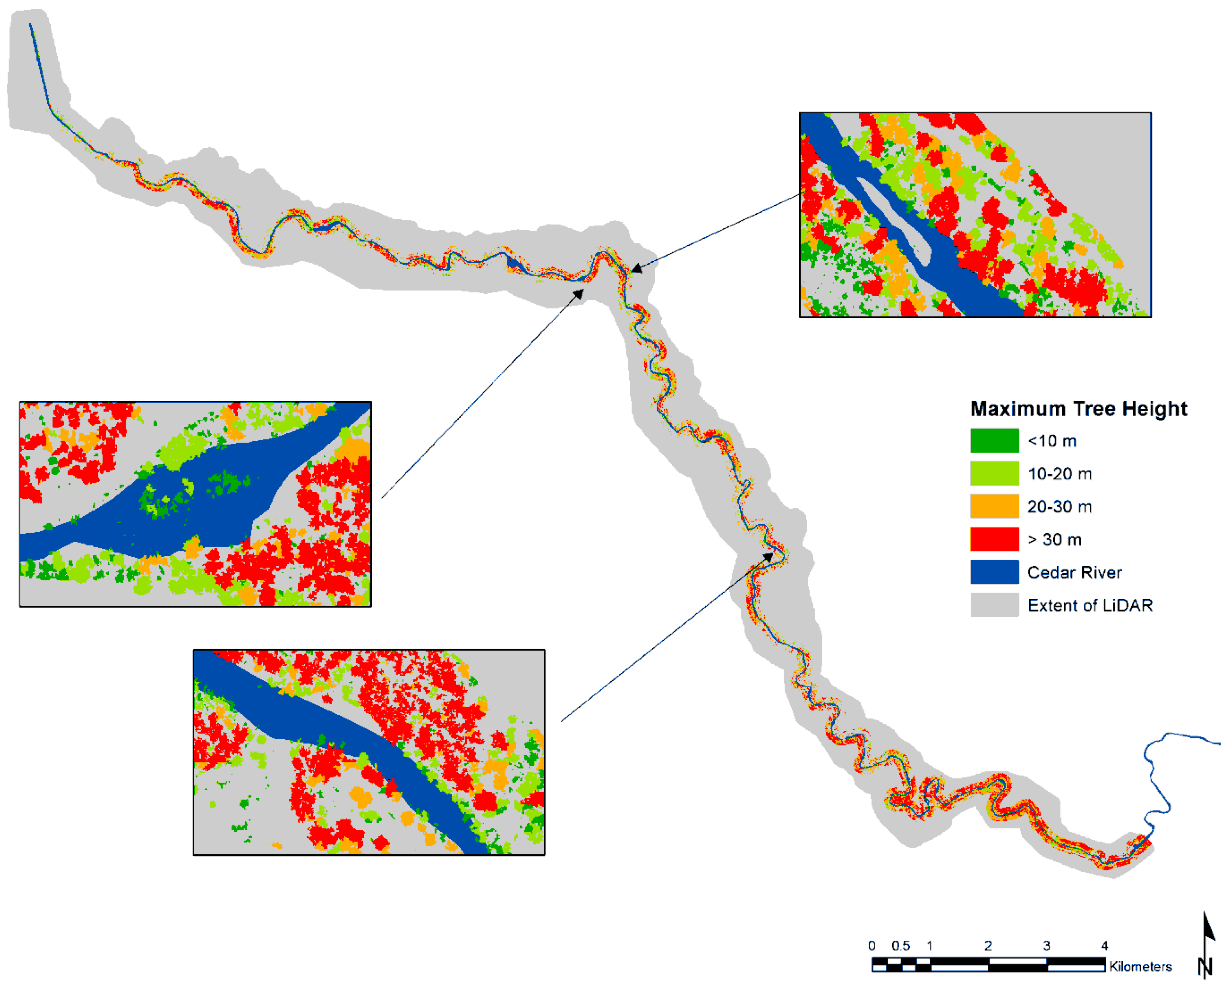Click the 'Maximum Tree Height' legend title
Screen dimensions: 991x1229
[x=1078, y=409]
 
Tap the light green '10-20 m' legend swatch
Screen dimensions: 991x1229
[x=994, y=473]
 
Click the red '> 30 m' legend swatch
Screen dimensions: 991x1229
[x=994, y=539]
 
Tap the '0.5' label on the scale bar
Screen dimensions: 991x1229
[x=900, y=946]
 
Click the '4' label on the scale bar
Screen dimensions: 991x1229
[x=1104, y=946]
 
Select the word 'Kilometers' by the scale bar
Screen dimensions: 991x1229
[x=1140, y=967]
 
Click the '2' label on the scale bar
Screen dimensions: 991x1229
[x=988, y=946]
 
